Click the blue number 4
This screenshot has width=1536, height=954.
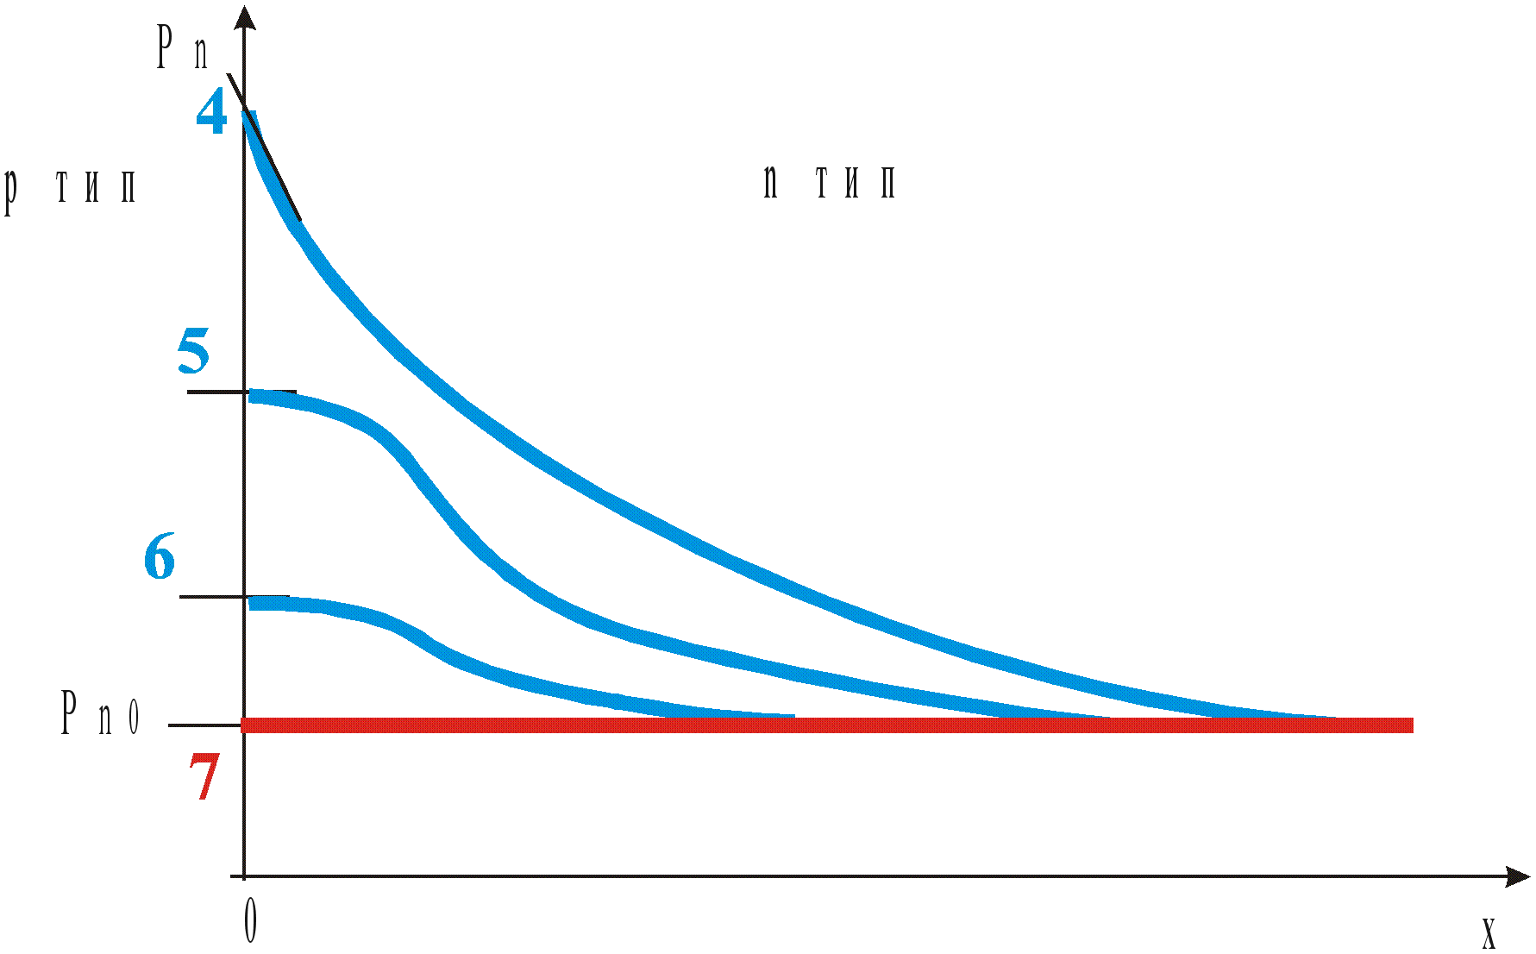(x=212, y=113)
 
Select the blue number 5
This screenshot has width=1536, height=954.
(x=194, y=351)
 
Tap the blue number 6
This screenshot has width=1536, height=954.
(x=160, y=556)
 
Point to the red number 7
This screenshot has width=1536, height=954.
(x=204, y=777)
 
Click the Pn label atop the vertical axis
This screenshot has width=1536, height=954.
(x=182, y=47)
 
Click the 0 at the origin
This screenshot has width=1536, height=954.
(x=250, y=920)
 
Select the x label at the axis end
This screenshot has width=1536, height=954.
(x=1489, y=933)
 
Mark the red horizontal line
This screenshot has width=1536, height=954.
(x=828, y=725)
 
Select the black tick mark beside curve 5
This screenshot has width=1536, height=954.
(x=216, y=392)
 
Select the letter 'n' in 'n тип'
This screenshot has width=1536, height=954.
(x=770, y=182)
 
